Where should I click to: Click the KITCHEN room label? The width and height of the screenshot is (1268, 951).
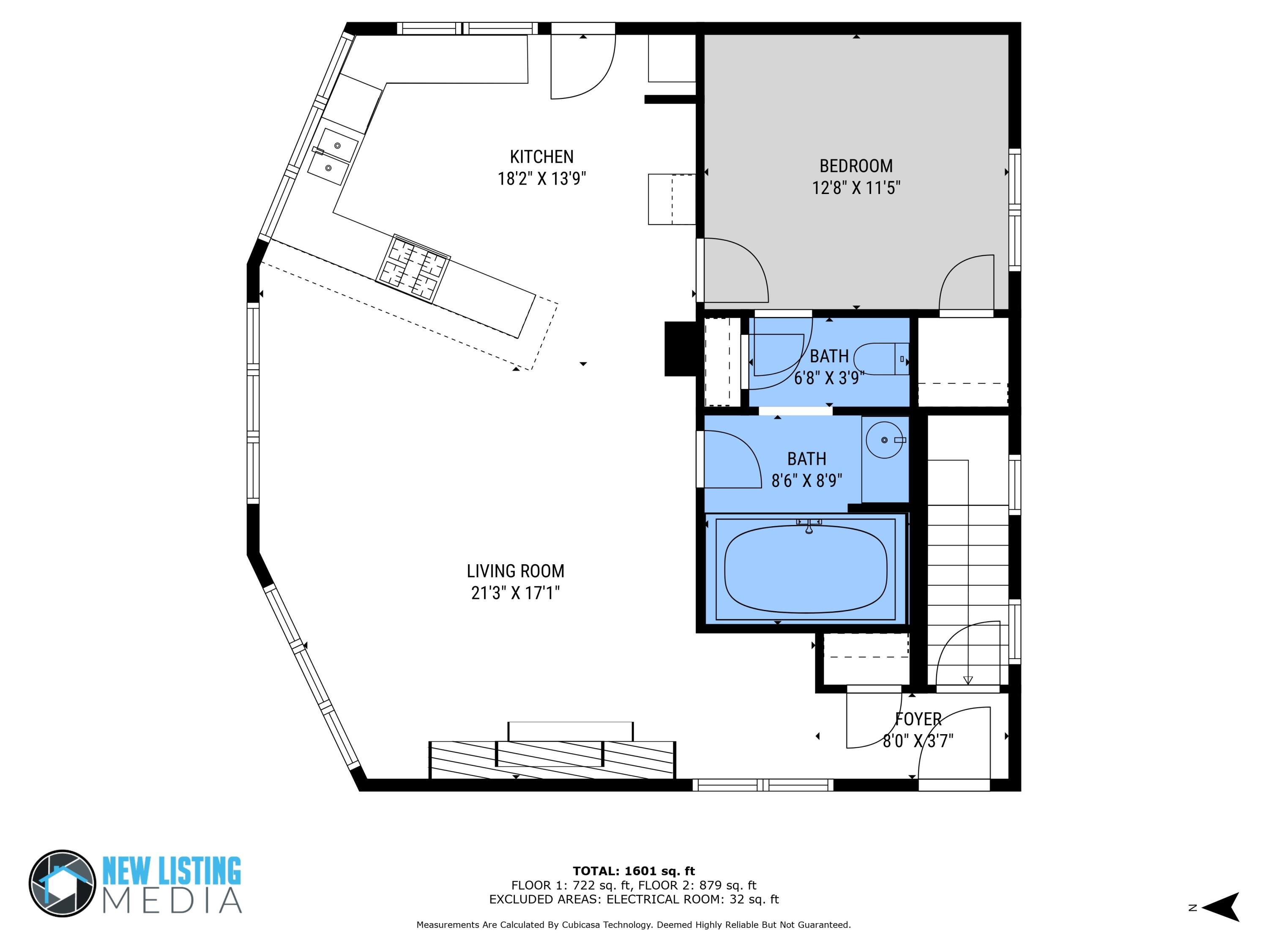pyautogui.click(x=541, y=156)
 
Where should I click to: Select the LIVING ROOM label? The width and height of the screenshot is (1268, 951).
pyautogui.click(x=515, y=571)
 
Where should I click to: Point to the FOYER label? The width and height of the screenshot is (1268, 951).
pyautogui.click(x=918, y=719)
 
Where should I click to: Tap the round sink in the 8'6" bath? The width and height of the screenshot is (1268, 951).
pyautogui.click(x=885, y=440)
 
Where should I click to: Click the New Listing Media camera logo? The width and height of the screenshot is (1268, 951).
pyautogui.click(x=62, y=883)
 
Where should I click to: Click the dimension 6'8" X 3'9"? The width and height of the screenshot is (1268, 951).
pyautogui.click(x=828, y=378)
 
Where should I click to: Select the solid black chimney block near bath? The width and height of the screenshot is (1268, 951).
pyautogui.click(x=680, y=349)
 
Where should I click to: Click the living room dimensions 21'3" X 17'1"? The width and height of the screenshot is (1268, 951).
pyautogui.click(x=515, y=593)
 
